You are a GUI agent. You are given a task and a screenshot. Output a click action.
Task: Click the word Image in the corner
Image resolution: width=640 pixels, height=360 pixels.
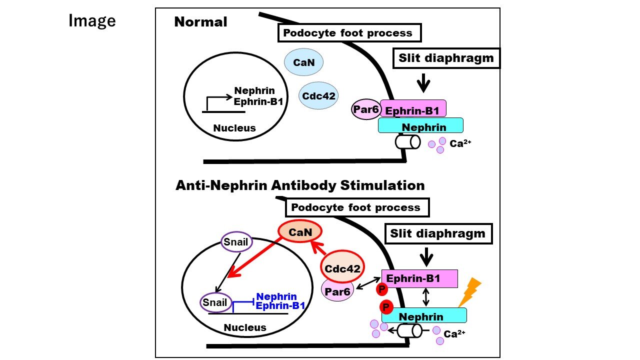92,21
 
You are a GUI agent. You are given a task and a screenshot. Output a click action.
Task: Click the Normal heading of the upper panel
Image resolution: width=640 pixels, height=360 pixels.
200,22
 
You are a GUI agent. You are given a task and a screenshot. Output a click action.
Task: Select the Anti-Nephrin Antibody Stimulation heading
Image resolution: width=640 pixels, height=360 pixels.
300,185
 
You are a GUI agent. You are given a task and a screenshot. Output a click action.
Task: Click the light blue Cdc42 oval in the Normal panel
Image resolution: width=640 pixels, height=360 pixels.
318,95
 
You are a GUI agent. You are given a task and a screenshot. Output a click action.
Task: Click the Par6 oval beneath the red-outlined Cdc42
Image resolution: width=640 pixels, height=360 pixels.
337,288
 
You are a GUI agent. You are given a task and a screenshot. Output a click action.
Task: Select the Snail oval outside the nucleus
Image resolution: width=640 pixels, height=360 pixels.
236,243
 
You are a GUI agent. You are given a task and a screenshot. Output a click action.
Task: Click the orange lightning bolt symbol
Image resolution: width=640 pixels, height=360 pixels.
469,292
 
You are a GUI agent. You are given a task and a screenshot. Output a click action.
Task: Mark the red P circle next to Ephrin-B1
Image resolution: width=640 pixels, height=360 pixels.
382,289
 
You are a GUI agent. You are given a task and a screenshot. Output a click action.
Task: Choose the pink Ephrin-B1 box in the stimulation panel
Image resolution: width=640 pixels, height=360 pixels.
420,278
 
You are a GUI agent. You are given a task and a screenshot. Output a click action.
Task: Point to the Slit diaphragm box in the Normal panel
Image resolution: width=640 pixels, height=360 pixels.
446,58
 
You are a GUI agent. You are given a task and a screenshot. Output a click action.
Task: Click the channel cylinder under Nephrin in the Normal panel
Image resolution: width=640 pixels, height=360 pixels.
407,142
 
